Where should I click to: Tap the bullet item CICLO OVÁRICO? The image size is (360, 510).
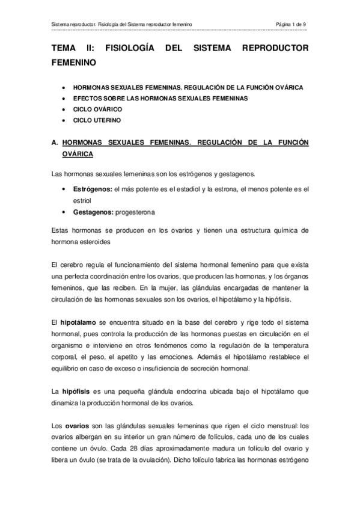(97, 109)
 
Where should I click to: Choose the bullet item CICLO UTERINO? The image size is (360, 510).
(97, 120)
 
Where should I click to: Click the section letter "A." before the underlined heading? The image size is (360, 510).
(55, 143)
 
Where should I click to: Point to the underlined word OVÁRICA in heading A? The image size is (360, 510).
(77, 155)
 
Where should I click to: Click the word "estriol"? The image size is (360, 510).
(81, 201)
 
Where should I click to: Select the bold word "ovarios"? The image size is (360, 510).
(77, 426)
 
